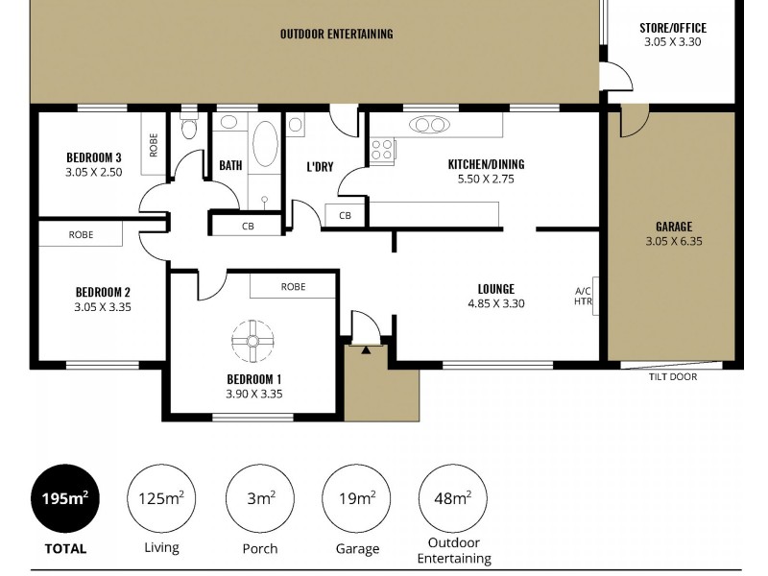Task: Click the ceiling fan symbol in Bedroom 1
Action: [253, 339]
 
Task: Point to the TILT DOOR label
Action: [671, 377]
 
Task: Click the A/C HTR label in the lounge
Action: [583, 297]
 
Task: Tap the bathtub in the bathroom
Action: [265, 145]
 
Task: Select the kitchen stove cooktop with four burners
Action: [382, 150]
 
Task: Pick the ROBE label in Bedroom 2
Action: [81, 234]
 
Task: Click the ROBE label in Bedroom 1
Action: [293, 286]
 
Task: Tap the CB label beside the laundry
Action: [345, 215]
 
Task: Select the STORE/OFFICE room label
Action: [673, 28]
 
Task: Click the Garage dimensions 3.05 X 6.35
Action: [674, 242]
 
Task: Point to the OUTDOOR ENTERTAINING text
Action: [336, 34]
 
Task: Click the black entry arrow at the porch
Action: [366, 350]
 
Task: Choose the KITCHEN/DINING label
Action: [486, 164]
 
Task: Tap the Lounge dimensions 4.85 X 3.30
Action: [495, 303]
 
